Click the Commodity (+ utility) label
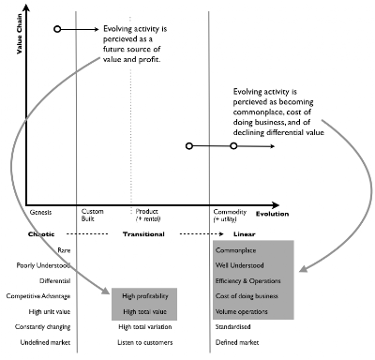[x=231, y=216]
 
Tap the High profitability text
[x=143, y=294]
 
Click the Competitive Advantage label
[x=38, y=295]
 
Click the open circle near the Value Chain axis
[x=57, y=30]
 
